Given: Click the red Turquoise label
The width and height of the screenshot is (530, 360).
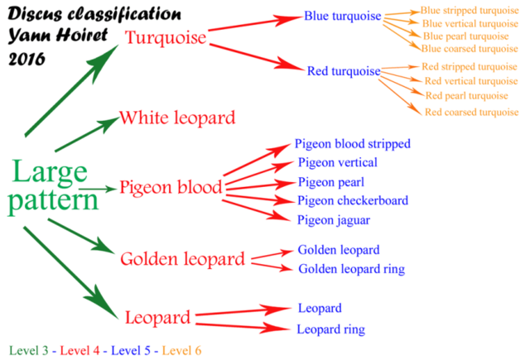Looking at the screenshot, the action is pyautogui.click(x=166, y=37).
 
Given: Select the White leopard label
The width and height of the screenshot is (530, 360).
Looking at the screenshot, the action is pyautogui.click(x=177, y=118).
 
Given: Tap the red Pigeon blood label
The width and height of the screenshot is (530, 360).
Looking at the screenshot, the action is pyautogui.click(x=171, y=187).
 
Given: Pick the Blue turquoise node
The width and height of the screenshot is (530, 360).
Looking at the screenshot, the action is pyautogui.click(x=342, y=16).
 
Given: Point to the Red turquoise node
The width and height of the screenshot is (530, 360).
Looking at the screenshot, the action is pyautogui.click(x=344, y=71).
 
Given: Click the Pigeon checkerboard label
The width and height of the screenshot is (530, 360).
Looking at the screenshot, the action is pyautogui.click(x=353, y=200).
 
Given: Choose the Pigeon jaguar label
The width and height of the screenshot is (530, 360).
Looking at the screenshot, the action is pyautogui.click(x=334, y=220).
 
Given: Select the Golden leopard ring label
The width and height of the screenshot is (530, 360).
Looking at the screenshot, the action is pyautogui.click(x=351, y=269).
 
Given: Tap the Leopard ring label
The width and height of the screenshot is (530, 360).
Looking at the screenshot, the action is pyautogui.click(x=331, y=329).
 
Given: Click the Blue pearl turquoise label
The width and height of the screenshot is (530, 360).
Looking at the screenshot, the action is pyautogui.click(x=465, y=36).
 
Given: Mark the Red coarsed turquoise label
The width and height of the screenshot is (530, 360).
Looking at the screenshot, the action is pyautogui.click(x=471, y=112).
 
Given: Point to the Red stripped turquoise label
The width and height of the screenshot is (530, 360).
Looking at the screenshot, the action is pyautogui.click(x=470, y=67).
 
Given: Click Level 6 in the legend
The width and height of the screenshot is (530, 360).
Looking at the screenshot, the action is pyautogui.click(x=182, y=351).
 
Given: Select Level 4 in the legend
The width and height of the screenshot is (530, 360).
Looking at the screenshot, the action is pyautogui.click(x=79, y=351).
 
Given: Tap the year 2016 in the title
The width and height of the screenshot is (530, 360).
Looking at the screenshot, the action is pyautogui.click(x=26, y=60).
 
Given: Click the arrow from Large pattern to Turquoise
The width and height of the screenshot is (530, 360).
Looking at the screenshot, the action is pyautogui.click(x=72, y=90).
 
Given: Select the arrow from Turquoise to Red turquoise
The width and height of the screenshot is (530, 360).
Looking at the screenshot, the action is pyautogui.click(x=257, y=57).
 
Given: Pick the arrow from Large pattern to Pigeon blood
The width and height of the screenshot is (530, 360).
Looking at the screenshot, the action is pyautogui.click(x=99, y=190).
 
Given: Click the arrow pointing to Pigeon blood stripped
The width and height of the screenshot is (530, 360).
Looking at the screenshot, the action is pyautogui.click(x=257, y=160).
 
